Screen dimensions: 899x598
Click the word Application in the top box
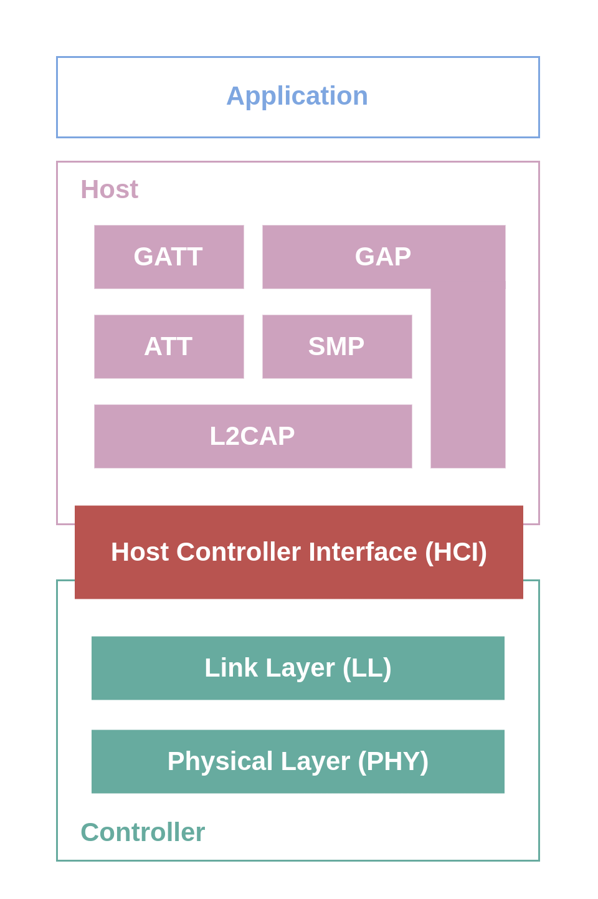pyautogui.click(x=297, y=97)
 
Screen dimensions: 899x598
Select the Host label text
pyautogui.click(x=109, y=189)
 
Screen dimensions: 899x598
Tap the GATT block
pyautogui.click(x=169, y=257)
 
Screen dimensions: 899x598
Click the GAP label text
pyautogui.click(x=383, y=257)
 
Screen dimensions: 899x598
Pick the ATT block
pyautogui.click(x=169, y=346)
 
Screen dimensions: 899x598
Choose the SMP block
pyautogui.click(x=337, y=346)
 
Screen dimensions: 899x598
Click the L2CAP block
pyautogui.click(x=253, y=436)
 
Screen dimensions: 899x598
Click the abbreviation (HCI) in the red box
pyautogui.click(x=456, y=552)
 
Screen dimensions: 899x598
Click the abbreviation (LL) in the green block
pyautogui.click(x=367, y=668)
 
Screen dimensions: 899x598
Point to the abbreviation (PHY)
pyautogui.click(x=393, y=761)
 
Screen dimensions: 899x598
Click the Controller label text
pyautogui.click(x=143, y=832)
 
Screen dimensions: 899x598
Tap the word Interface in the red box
pyautogui.click(x=363, y=552)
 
